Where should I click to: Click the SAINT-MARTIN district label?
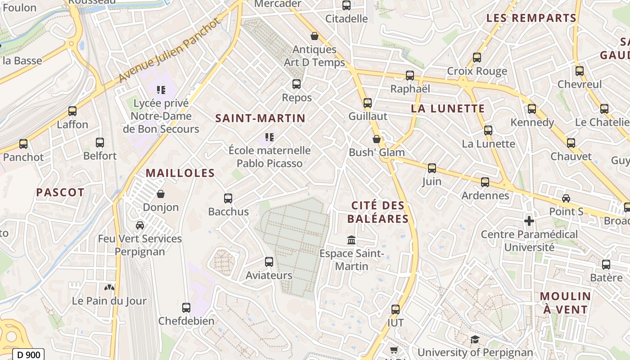coord(260,118)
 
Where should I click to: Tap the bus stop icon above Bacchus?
coord(228,198)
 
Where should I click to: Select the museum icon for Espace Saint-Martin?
coord(351,240)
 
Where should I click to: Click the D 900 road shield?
coord(28,355)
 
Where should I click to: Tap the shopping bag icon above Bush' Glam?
coord(377,139)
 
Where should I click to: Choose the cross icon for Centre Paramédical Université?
coord(529,221)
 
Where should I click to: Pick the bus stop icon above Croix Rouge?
coord(477,58)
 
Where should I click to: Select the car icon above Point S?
coord(566,198)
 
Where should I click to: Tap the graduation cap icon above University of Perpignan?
coord(475,339)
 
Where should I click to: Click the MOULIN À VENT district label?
coord(565,303)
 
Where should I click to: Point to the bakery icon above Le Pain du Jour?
coord(109,287)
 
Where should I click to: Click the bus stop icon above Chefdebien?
coord(186,308)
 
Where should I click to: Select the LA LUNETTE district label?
coord(448,108)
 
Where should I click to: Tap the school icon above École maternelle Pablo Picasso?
coord(269,137)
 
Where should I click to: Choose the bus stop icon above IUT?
coord(396,309)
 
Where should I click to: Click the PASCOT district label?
coord(60,193)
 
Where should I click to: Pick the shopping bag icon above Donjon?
coord(161,194)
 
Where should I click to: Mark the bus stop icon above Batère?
coord(606,264)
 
